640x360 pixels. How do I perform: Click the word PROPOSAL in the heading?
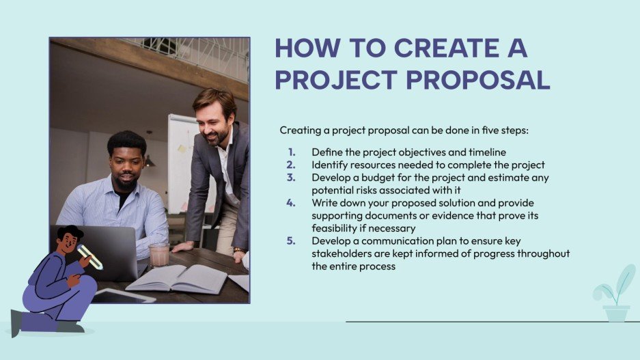click(478, 79)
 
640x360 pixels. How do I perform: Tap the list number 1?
click(292, 152)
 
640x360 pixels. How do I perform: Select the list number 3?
click(292, 178)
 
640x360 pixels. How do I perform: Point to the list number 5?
click(292, 242)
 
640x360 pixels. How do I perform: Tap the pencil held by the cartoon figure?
click(89, 256)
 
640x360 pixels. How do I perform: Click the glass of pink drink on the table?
click(158, 254)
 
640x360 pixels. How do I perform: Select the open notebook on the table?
click(176, 278)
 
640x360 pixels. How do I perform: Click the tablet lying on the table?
click(123, 295)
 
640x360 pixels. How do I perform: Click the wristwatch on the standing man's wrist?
click(238, 250)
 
